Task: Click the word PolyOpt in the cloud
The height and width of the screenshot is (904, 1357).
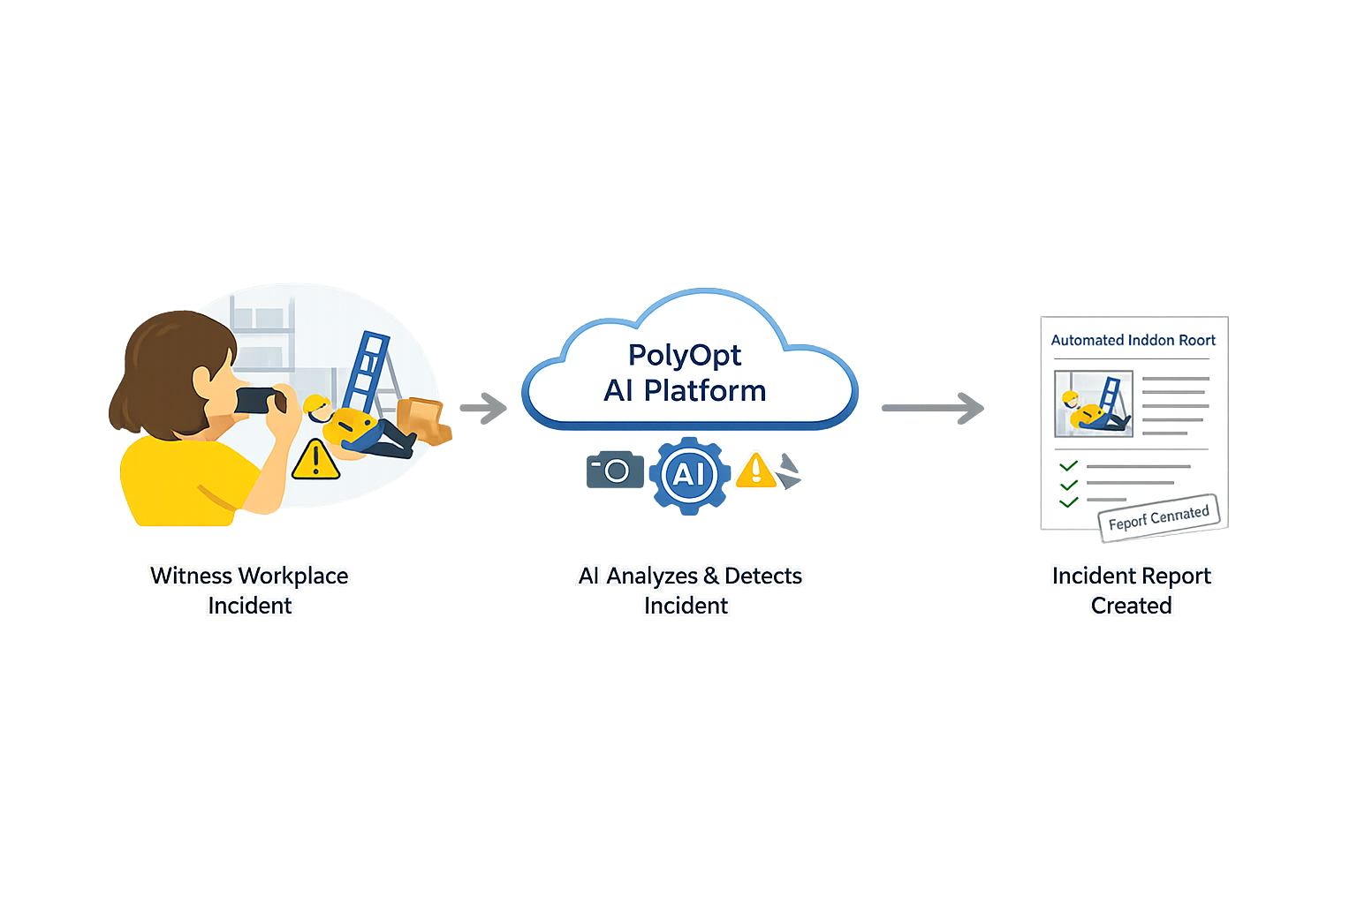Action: (685, 355)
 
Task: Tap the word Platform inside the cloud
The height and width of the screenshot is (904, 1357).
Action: (705, 390)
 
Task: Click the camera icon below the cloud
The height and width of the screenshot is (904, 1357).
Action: (615, 470)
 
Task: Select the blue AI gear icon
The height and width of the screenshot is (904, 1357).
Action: (690, 475)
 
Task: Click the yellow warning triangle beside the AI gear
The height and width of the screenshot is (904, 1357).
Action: (756, 470)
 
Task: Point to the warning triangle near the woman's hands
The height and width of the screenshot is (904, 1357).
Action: (315, 459)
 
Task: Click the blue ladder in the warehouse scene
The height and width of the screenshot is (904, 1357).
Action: (368, 371)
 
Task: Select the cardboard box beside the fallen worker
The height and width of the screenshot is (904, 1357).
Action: (422, 418)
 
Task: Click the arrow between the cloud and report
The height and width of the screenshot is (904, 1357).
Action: (934, 408)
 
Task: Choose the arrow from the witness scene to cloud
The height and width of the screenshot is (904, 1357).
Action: (482, 407)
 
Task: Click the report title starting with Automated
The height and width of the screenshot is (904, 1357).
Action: (1133, 340)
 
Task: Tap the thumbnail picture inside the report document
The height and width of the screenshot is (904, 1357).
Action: (1094, 403)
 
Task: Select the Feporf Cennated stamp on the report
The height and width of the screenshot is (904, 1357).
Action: (1158, 517)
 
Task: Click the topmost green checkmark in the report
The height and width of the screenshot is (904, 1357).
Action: (1069, 465)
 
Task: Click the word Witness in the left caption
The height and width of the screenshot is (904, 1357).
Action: (191, 576)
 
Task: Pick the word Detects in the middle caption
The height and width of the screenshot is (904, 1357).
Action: (763, 576)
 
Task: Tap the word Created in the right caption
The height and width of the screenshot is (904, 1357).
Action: (1131, 606)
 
